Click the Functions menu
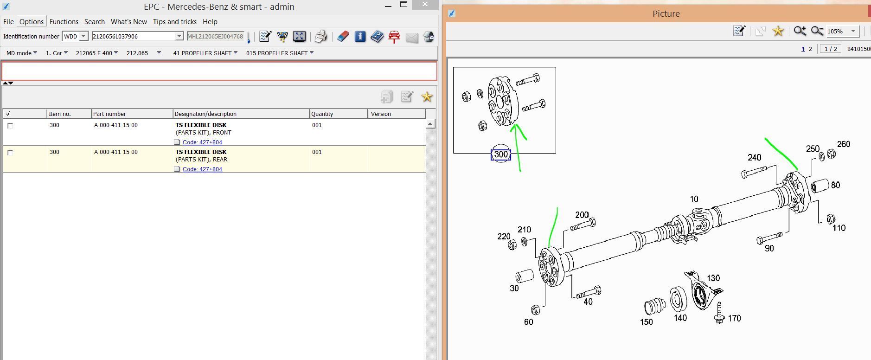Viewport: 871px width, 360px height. pos(64,22)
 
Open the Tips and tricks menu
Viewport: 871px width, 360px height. pos(174,22)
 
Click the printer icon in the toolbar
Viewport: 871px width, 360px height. pos(321,37)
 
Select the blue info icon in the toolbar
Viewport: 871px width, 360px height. pos(360,37)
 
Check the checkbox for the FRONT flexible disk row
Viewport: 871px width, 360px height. pos(10,126)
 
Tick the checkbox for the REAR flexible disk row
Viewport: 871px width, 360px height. pos(10,153)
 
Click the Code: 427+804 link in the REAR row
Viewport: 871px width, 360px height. pos(202,169)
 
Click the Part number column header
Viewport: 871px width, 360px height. pos(109,114)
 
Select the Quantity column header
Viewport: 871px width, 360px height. pos(322,114)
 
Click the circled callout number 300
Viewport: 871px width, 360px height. pos(501,154)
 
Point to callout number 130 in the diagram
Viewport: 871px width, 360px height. pos(713,278)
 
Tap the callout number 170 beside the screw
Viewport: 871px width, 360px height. pos(734,318)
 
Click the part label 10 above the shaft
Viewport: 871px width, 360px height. pos(694,199)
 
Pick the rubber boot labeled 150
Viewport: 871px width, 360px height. pos(654,307)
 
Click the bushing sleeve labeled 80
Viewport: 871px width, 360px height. pos(820,186)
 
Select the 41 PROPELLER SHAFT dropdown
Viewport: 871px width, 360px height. pos(205,53)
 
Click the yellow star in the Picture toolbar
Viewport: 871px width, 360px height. pos(778,31)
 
